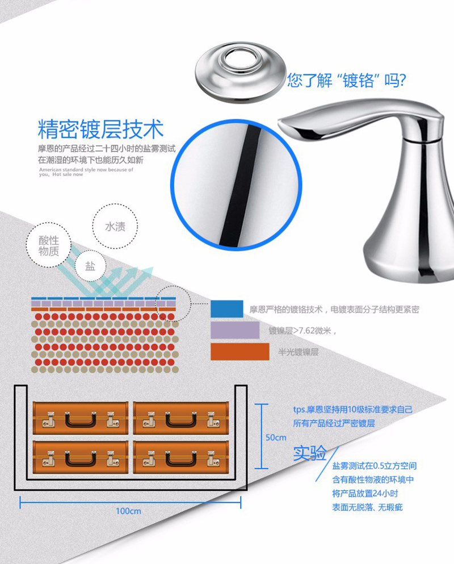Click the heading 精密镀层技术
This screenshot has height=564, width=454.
(x=100, y=129)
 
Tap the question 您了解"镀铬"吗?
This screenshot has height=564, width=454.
(x=346, y=80)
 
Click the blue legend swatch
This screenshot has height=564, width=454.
(x=227, y=309)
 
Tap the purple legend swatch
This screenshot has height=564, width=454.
(x=235, y=330)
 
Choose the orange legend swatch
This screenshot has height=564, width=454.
(x=239, y=352)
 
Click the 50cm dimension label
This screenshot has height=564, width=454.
(x=276, y=437)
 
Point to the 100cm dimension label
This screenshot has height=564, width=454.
(x=128, y=511)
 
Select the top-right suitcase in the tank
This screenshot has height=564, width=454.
(x=181, y=419)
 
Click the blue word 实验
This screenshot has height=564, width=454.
(x=309, y=453)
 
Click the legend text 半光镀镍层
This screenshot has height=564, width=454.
(x=299, y=352)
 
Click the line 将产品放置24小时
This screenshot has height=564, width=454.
(x=365, y=494)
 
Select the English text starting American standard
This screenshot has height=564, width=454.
(x=86, y=172)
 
